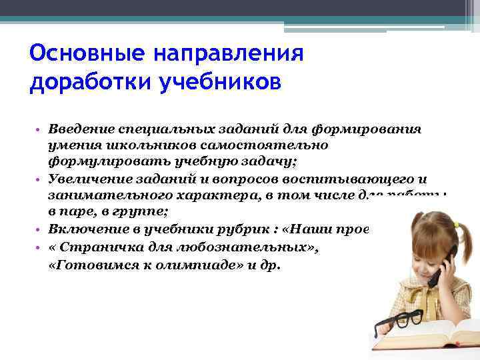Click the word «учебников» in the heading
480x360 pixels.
(220, 84)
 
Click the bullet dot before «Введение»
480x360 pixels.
(39, 128)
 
